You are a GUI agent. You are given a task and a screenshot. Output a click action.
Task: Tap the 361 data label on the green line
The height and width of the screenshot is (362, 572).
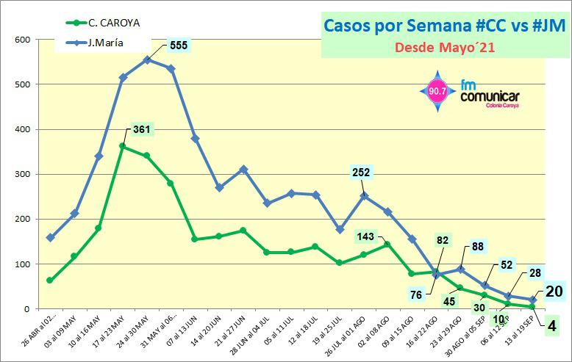141,130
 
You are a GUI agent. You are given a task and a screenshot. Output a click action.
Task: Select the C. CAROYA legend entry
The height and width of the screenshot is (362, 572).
114,22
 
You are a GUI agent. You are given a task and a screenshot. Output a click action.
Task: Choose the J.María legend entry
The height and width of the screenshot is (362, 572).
105,43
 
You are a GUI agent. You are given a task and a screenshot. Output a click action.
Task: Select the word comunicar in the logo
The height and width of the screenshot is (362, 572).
490,97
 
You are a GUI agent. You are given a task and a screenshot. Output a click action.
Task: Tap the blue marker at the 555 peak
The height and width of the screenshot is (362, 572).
147,59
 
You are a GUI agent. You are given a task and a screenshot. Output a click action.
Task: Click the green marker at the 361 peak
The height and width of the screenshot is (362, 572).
123,146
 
